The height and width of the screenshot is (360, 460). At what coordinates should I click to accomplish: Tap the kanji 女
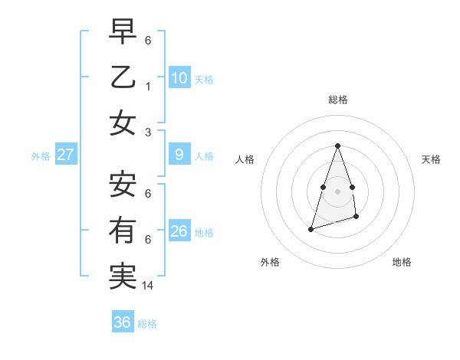(x=123, y=123)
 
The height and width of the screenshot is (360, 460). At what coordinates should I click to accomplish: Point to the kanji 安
(x=123, y=183)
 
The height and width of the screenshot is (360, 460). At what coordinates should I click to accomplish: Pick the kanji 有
(x=123, y=230)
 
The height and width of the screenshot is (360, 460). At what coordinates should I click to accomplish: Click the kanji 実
(x=123, y=276)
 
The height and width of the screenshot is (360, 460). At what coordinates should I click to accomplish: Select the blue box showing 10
(x=179, y=77)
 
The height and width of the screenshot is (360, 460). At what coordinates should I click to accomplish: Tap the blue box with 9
(x=179, y=155)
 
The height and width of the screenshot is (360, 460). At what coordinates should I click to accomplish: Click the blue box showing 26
(x=179, y=231)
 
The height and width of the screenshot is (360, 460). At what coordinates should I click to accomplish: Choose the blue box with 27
(x=65, y=155)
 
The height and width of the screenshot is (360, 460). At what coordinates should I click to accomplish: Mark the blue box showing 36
(x=123, y=322)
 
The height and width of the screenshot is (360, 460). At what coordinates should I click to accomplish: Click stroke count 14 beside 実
(x=149, y=285)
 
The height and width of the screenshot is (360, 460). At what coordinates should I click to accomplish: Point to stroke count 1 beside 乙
(x=148, y=87)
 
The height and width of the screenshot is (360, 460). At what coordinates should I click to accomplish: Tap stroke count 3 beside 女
(x=148, y=132)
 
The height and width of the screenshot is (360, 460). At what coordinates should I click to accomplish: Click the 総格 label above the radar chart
(x=337, y=100)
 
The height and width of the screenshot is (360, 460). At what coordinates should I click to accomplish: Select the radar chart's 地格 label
(x=402, y=262)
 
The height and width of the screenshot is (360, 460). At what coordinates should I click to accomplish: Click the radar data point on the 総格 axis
(x=337, y=146)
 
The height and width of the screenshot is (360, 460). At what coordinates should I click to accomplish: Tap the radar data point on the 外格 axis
(x=310, y=228)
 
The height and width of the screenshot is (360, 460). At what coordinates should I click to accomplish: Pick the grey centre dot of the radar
(x=337, y=190)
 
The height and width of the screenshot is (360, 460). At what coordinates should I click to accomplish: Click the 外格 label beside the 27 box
(x=41, y=156)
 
